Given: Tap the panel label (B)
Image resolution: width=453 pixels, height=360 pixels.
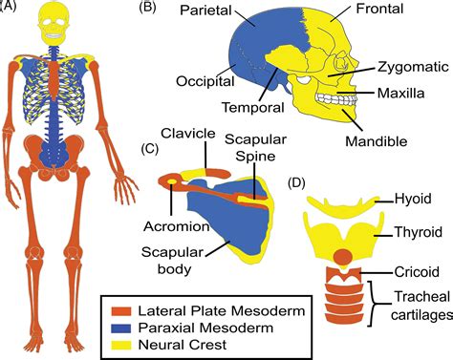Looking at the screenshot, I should pos(149,9).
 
